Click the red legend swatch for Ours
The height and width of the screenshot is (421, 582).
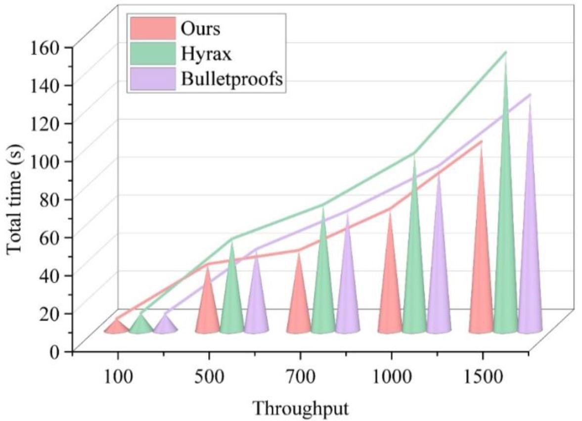[152, 28]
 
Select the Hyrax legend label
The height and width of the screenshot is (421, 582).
[206, 53]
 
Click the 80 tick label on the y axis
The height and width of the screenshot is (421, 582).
[52, 199]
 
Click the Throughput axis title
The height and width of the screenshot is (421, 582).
[301, 408]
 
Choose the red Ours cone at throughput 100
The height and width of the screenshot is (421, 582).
[116, 327]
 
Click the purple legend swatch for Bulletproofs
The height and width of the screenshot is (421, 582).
[152, 79]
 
